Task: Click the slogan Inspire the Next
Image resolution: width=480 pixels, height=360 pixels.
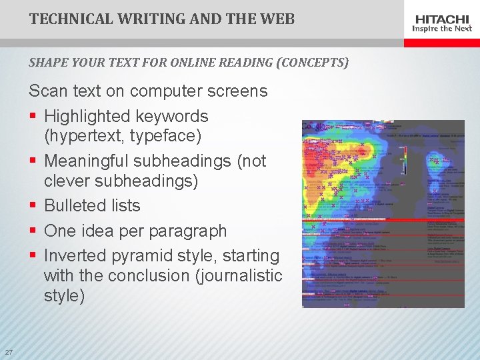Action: click(443, 29)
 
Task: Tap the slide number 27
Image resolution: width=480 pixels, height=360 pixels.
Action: click(9, 352)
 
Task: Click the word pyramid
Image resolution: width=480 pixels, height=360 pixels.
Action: click(139, 256)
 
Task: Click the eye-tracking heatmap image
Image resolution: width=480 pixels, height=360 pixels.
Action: click(383, 213)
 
